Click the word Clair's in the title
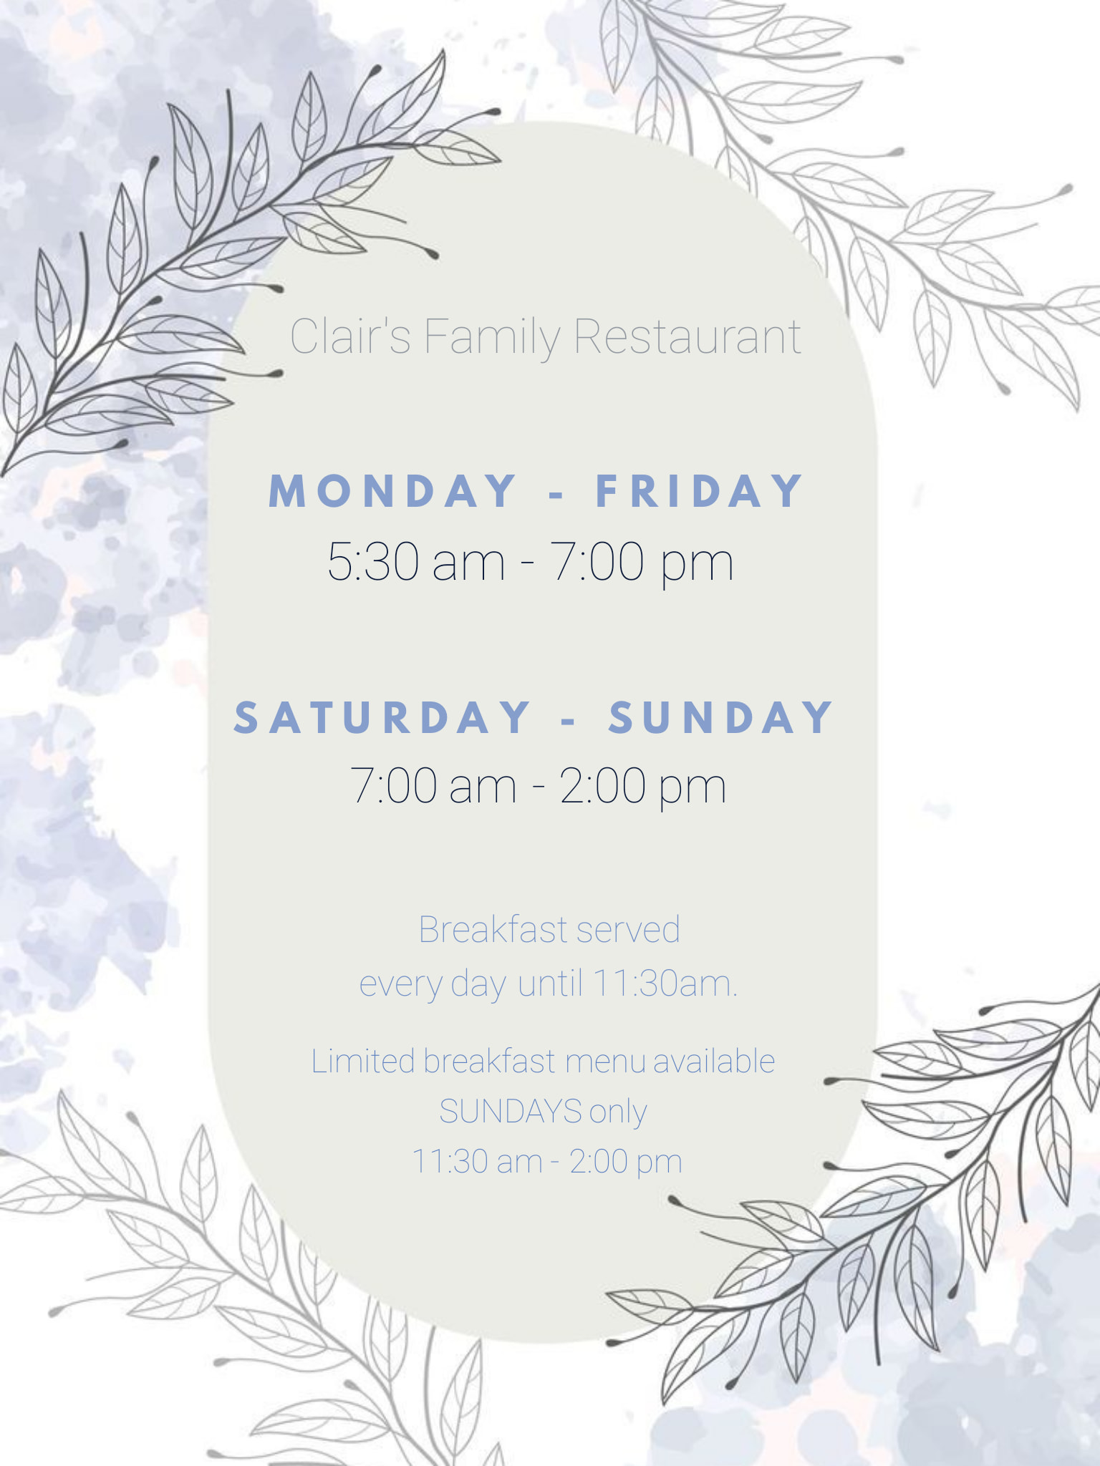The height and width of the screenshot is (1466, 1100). pyautogui.click(x=350, y=336)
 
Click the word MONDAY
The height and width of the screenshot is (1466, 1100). pyautogui.click(x=392, y=491)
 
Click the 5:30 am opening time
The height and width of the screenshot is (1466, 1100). pyautogui.click(x=416, y=561)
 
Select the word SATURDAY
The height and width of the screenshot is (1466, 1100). pyautogui.click(x=382, y=717)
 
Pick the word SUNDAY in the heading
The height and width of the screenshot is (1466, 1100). pyautogui.click(x=721, y=717)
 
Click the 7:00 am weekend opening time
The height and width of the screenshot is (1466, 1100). pyautogui.click(x=433, y=786)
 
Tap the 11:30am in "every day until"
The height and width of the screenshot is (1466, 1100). pyautogui.click(x=664, y=984)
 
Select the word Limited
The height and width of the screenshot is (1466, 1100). pyautogui.click(x=363, y=1061)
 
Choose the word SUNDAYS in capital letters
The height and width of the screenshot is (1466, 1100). pyautogui.click(x=510, y=1112)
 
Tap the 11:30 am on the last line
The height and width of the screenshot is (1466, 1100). pyautogui.click(x=477, y=1161)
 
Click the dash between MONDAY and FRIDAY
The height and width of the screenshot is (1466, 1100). pyautogui.click(x=556, y=493)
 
